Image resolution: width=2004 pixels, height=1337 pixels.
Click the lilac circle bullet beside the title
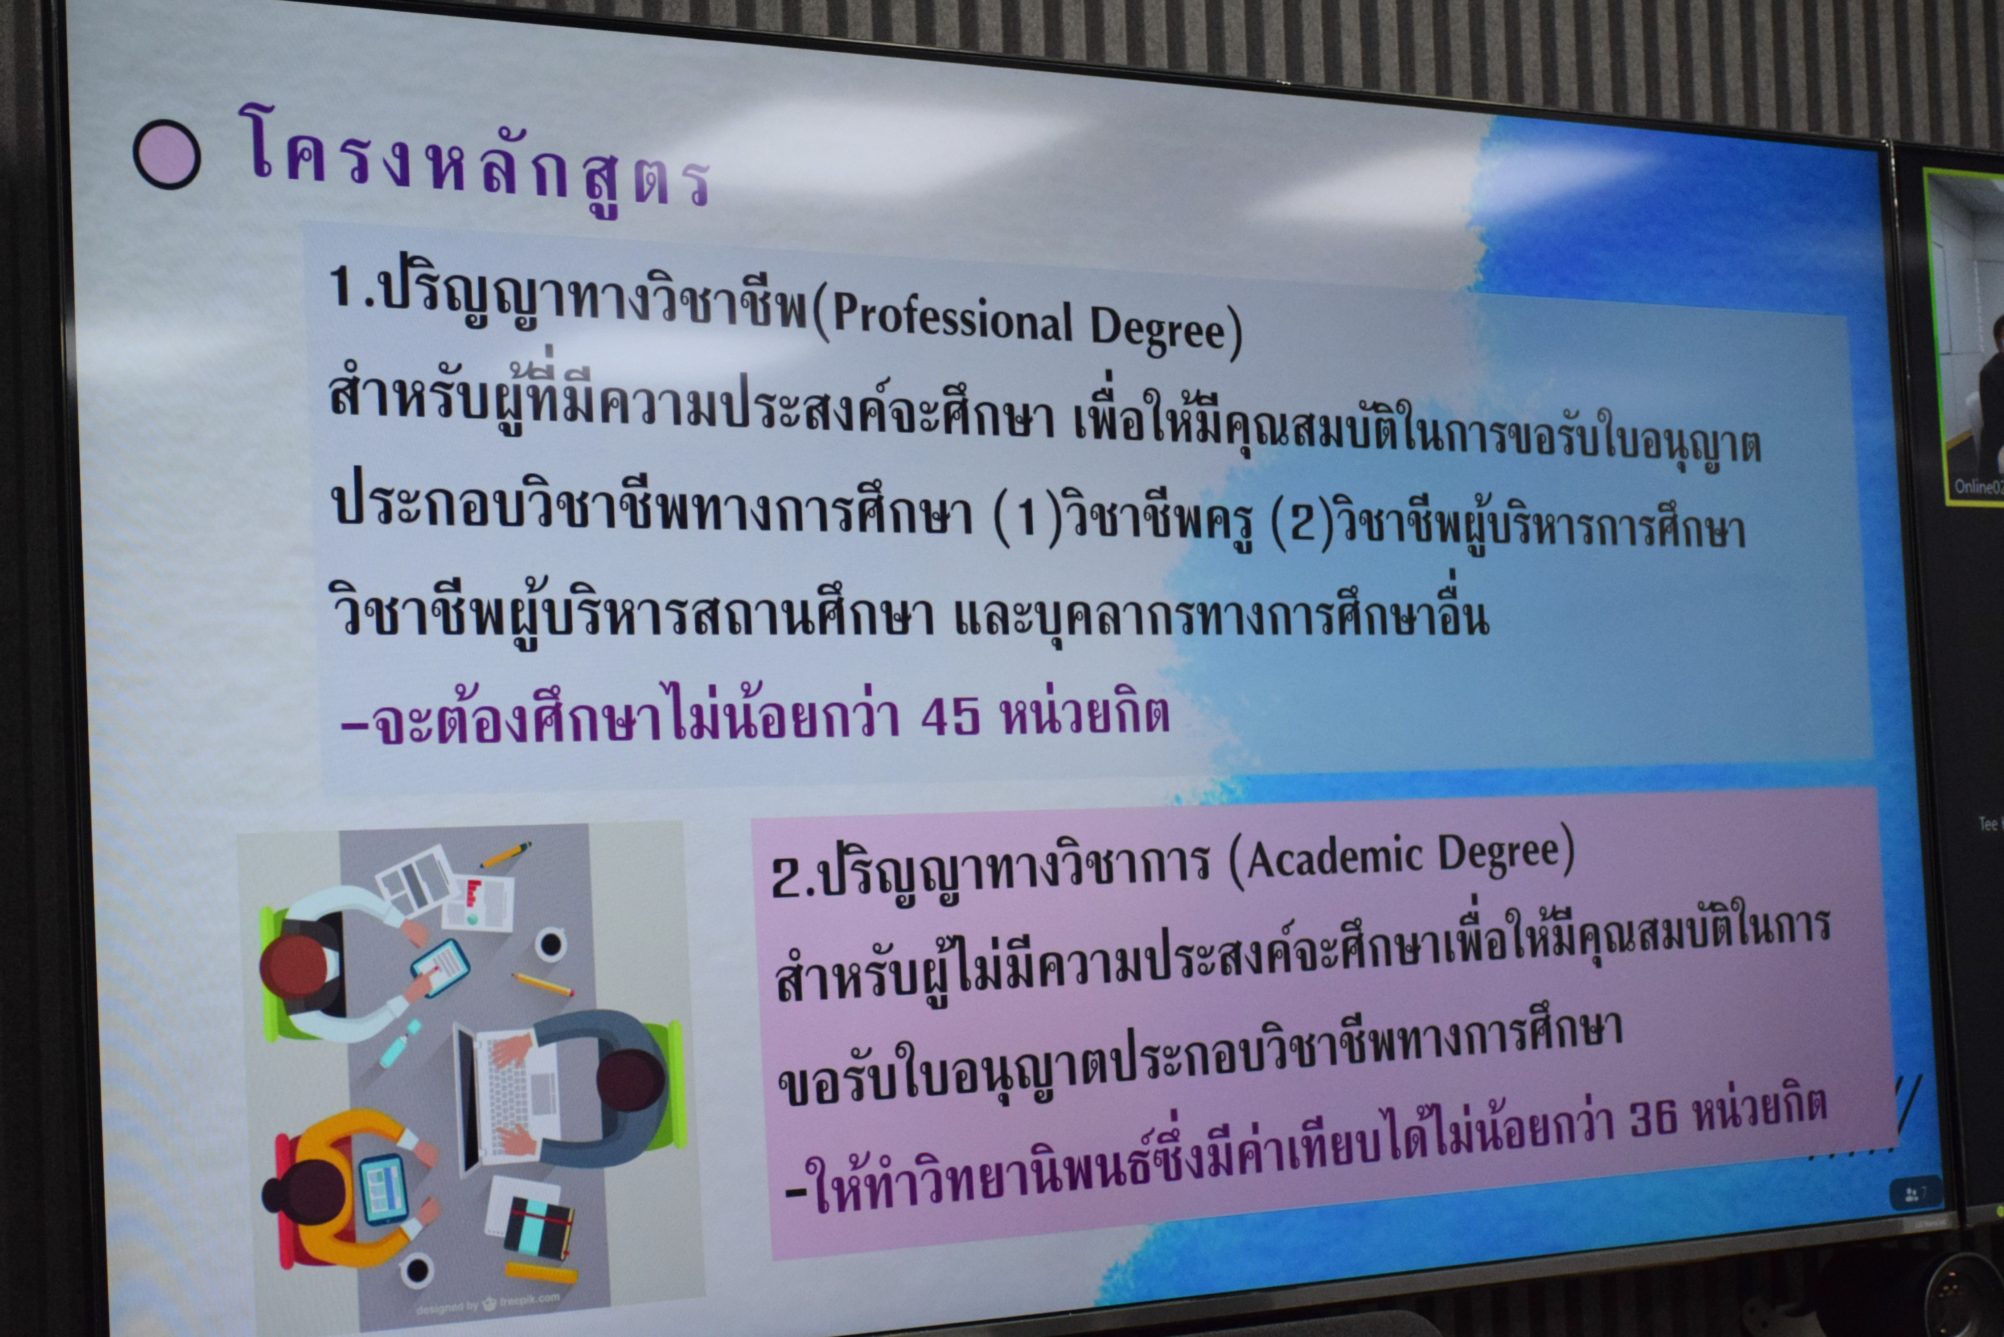tap(167, 154)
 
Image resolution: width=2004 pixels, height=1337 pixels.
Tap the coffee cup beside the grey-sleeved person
tap(550, 945)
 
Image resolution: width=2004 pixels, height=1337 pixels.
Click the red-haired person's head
tap(292, 968)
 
